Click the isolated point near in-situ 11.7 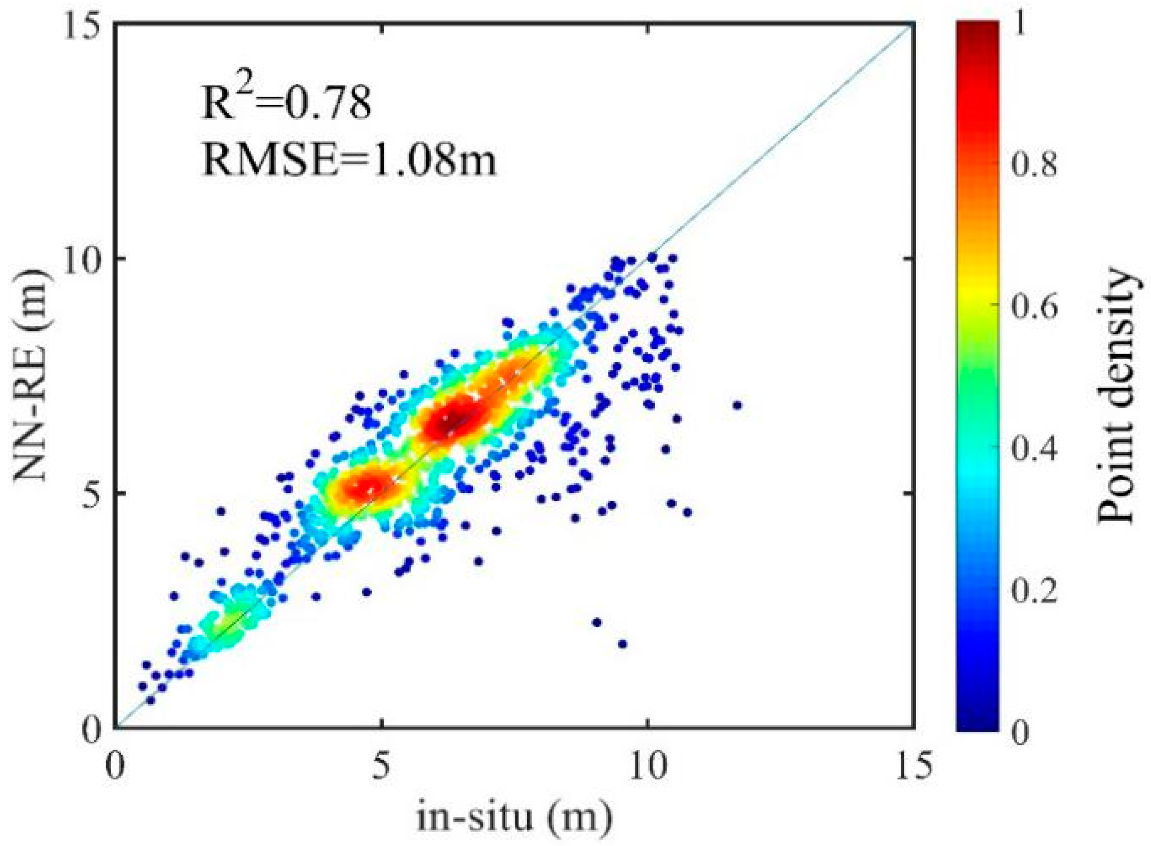(737, 405)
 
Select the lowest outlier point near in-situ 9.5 (622, 644)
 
